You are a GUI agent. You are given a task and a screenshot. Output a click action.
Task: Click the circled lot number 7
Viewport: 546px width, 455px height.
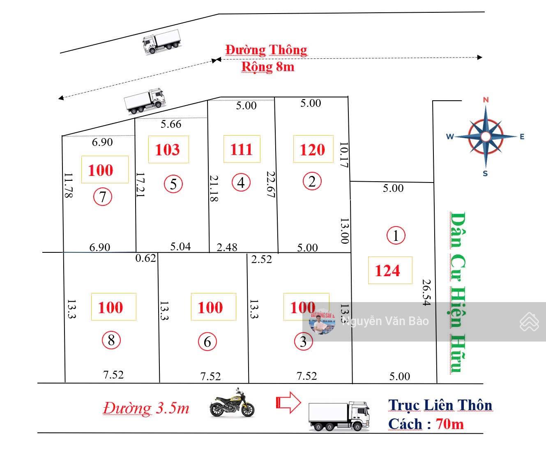(102, 197)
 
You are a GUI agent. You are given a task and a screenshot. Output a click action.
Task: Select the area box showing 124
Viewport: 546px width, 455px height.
(389, 270)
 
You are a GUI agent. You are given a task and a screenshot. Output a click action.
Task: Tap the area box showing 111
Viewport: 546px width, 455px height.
(242, 149)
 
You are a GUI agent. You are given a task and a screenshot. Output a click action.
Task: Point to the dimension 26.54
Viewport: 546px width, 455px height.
(426, 293)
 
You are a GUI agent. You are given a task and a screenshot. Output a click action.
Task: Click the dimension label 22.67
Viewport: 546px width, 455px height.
(270, 185)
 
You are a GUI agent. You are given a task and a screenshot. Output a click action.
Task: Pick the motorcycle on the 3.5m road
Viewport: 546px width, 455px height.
(232, 403)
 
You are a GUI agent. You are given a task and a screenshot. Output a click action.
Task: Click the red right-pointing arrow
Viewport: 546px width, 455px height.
(288, 402)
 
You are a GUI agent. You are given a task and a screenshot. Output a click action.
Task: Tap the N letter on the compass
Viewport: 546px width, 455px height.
(486, 100)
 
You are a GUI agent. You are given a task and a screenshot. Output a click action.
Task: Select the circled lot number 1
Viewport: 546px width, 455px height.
(396, 236)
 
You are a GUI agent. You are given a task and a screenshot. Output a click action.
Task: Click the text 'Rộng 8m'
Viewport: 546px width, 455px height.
(267, 67)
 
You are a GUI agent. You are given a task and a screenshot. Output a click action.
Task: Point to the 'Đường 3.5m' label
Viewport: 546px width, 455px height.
(146, 408)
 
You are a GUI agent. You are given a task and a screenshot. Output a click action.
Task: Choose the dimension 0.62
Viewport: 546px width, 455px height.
(146, 258)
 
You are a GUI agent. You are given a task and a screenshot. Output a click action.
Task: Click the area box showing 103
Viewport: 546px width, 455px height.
(168, 149)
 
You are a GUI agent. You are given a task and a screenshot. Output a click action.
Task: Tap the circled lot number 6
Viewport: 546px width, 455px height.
(207, 342)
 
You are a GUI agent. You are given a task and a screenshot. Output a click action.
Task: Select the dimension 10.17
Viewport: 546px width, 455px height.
(343, 155)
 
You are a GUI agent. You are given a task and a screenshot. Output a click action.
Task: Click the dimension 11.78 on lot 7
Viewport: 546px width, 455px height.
(68, 185)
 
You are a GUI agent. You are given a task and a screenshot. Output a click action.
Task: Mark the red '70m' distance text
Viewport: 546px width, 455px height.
(450, 423)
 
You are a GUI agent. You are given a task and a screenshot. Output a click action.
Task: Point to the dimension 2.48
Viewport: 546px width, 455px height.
(227, 247)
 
